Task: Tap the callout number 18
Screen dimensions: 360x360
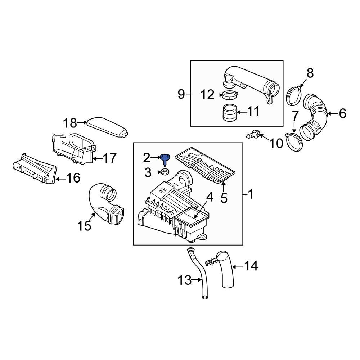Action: [71, 123]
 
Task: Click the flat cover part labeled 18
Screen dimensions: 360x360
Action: [108, 127]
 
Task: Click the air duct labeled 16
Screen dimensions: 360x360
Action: [34, 169]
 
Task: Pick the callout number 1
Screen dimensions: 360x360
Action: [251, 195]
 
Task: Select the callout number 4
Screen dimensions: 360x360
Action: [209, 197]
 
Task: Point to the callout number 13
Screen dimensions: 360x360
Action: [185, 280]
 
